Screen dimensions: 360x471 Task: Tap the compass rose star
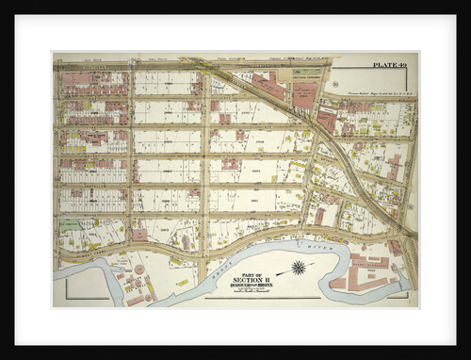point(299,268)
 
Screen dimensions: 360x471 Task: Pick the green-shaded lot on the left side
point(71,226)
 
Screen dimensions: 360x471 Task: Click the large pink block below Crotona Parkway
point(304,95)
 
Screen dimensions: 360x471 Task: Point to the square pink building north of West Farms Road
point(138,234)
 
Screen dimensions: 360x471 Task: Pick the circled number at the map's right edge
point(412,205)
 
